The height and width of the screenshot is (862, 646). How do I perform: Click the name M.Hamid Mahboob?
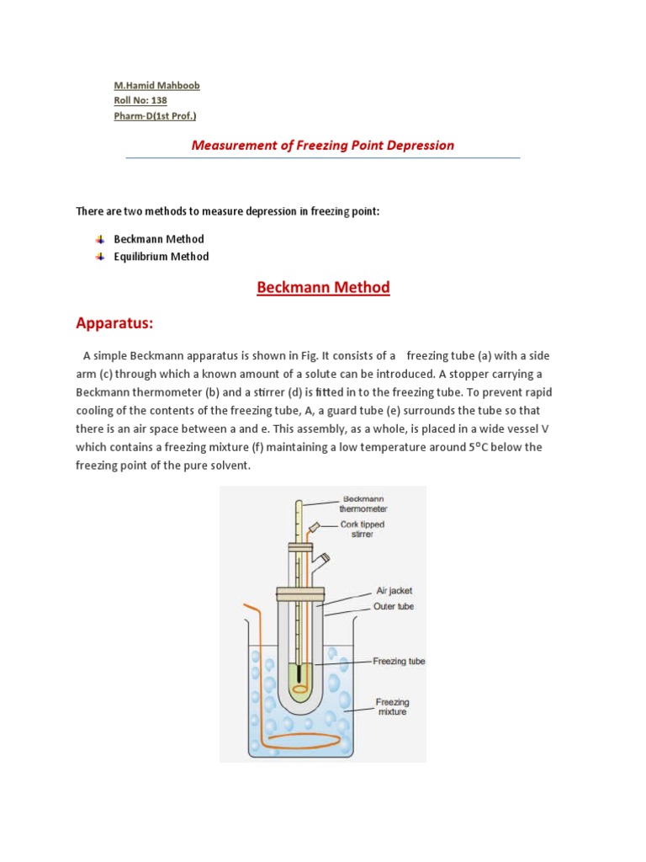[x=157, y=86]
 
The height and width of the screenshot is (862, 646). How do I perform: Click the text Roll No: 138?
[x=140, y=101]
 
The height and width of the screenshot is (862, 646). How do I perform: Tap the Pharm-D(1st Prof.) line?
[x=160, y=116]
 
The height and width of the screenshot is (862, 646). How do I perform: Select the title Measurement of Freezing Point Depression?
[x=323, y=145]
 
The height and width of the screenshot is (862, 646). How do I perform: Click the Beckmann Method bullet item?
[x=159, y=239]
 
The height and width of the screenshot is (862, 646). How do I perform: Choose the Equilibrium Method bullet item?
[x=161, y=257]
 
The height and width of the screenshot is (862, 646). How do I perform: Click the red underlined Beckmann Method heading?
[x=323, y=288]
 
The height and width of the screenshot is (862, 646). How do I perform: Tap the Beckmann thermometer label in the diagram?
[x=363, y=503]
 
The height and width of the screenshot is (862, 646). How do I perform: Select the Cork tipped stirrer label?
[x=362, y=529]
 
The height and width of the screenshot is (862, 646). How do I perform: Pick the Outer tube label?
[x=394, y=606]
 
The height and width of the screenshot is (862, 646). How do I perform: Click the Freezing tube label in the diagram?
[x=399, y=662]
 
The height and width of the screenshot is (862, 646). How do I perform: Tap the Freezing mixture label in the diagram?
[x=392, y=707]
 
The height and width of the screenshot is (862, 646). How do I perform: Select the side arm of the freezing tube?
[x=320, y=556]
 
